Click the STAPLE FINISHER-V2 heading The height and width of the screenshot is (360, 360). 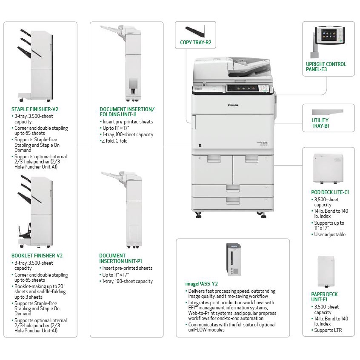[35, 109]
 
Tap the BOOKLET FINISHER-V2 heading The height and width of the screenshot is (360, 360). [37, 255]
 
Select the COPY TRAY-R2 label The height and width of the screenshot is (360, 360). [195, 43]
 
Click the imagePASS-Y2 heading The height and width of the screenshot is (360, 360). [202, 283]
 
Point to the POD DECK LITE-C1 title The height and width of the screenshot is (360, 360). [330, 192]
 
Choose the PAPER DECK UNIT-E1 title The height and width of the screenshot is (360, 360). [324, 297]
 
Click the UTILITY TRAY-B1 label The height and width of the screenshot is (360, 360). [320, 123]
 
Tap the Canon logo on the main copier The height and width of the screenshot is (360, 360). [233, 105]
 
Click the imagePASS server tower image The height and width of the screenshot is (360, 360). [233, 260]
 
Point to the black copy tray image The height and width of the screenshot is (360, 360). [196, 31]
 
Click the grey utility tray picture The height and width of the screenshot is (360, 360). [327, 111]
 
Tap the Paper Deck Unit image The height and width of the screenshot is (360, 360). [326, 271]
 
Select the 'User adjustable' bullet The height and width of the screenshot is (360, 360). [330, 234]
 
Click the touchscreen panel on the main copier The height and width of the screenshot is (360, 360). [243, 88]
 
